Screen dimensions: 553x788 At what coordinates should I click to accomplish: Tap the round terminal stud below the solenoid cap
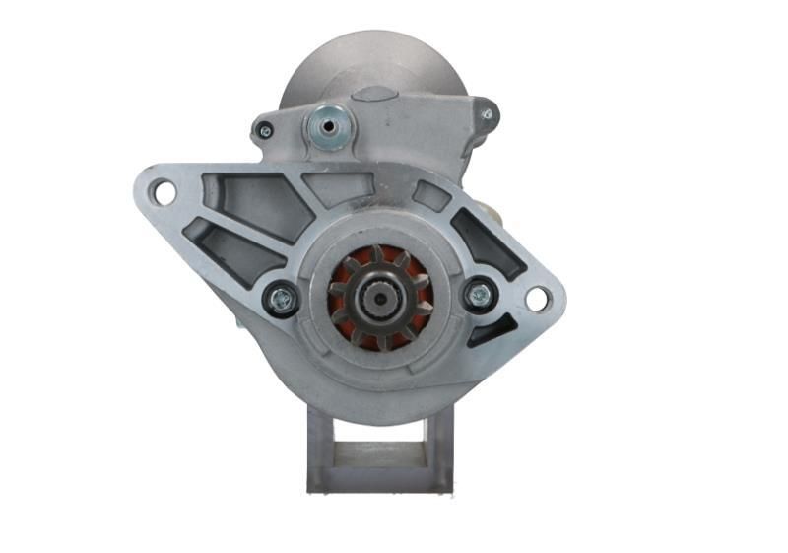[327, 126]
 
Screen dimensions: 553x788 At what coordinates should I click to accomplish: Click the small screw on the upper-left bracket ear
[264, 129]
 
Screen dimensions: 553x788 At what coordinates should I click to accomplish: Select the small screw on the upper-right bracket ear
[487, 114]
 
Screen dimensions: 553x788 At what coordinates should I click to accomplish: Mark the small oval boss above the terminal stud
[374, 95]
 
